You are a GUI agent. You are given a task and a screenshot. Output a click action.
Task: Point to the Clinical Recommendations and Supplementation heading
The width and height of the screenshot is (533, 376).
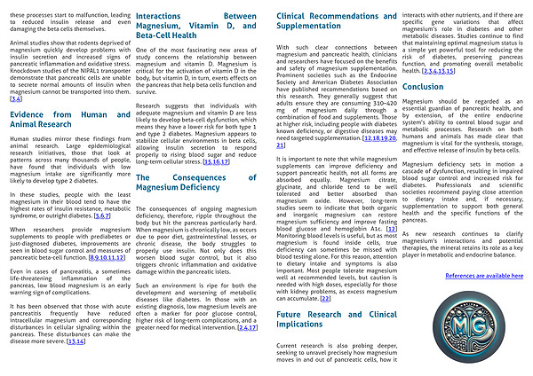[322, 24]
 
